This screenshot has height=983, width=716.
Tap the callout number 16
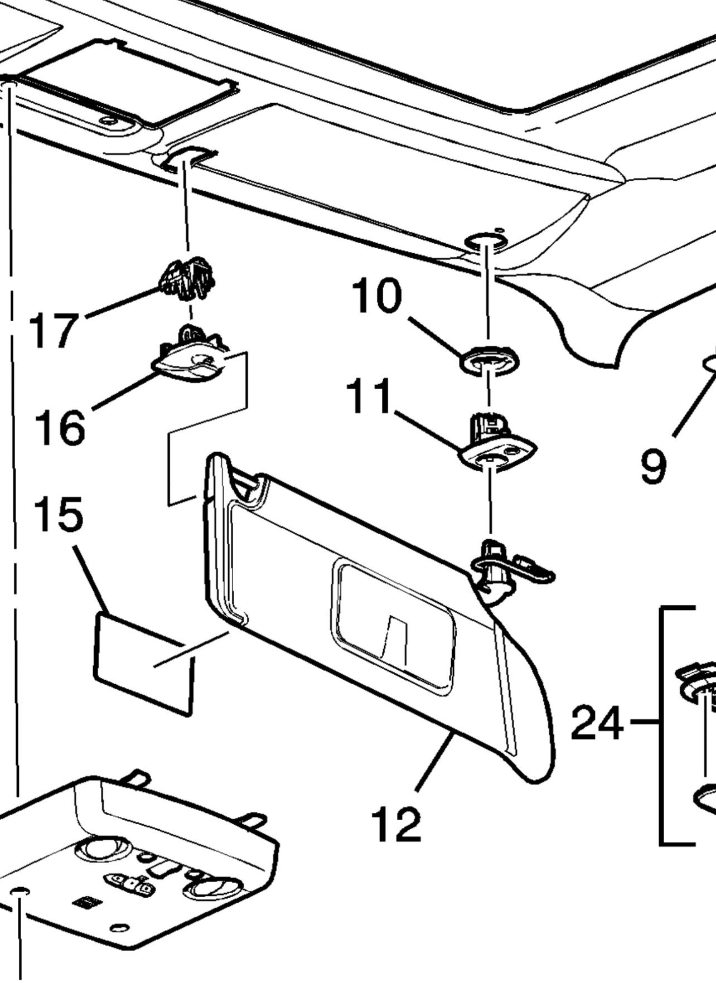pos(60,427)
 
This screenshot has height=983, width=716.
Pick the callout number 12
pos(396,824)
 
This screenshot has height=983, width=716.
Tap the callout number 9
pos(653,466)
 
